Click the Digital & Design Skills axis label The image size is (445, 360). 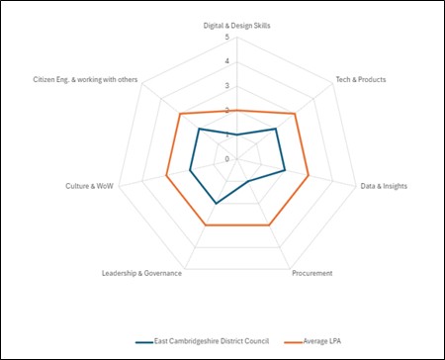coord(237,25)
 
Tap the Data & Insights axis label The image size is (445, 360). coord(384,185)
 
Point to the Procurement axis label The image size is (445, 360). coord(311,273)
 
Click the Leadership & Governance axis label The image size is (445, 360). coord(142,273)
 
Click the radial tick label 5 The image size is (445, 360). coord(227,39)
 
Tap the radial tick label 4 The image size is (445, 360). coord(227,62)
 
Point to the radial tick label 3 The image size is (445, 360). coord(227,87)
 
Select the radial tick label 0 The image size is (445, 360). coord(227,159)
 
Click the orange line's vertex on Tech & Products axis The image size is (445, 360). coord(296,114)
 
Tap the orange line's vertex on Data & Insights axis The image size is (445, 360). coord(310,177)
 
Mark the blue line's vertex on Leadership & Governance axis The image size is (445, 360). coord(216,204)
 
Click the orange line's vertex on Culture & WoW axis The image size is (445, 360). coord(166,177)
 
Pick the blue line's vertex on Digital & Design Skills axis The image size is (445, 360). coord(237,135)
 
